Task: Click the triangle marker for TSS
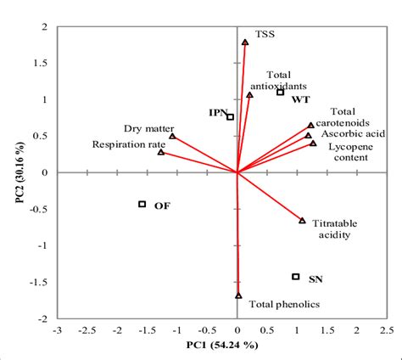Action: (x=245, y=42)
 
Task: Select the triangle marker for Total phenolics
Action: (x=238, y=296)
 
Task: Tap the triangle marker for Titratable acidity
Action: (x=302, y=221)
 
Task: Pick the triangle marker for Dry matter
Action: (x=172, y=136)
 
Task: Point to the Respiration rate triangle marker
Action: (x=161, y=153)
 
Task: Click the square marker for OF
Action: (x=142, y=204)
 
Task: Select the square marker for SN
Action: (x=295, y=277)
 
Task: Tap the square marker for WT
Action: (x=280, y=92)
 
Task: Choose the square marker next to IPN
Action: (x=230, y=117)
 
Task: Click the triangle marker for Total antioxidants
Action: (x=249, y=95)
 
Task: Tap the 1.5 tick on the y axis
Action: (x=44, y=63)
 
